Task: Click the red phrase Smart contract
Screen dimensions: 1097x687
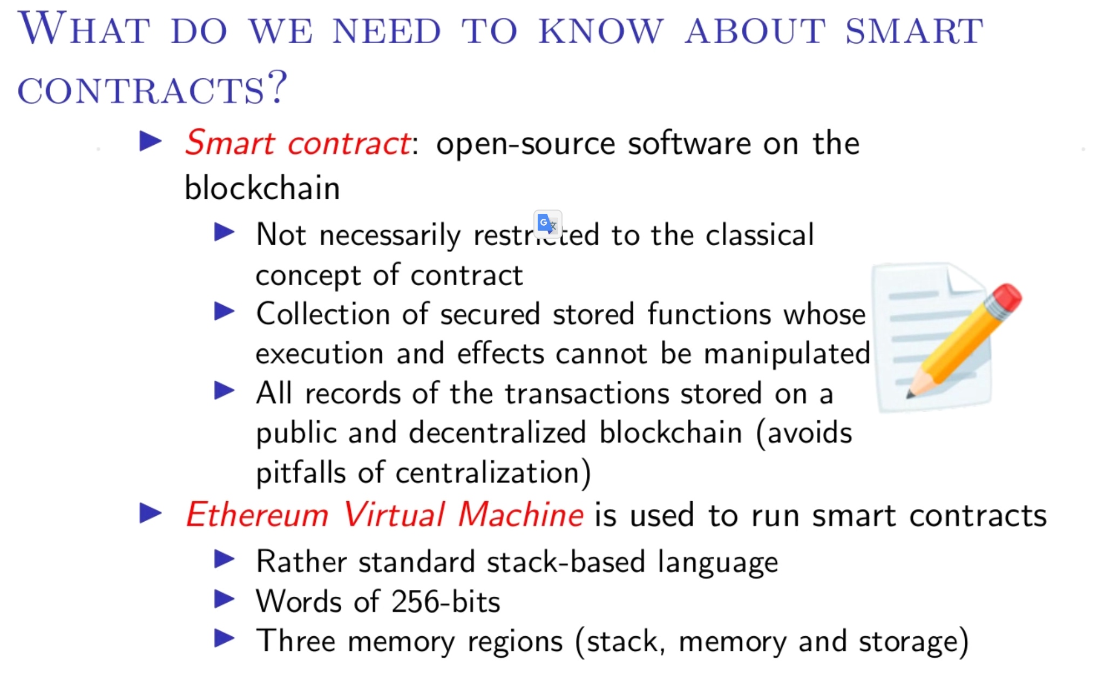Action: (x=299, y=144)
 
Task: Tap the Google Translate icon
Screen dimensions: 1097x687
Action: (x=548, y=224)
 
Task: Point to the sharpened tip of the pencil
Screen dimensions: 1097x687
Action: (x=911, y=394)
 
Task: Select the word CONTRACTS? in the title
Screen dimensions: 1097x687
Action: (x=153, y=89)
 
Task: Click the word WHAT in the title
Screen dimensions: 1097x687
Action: (x=84, y=29)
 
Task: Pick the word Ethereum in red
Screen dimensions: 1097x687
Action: (x=258, y=514)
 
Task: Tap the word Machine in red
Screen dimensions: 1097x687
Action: (x=521, y=514)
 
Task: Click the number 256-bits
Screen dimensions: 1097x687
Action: (x=446, y=602)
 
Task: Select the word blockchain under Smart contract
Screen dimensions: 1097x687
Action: (x=262, y=188)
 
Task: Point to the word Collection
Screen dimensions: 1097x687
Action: (x=323, y=314)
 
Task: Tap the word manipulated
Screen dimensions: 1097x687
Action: (x=787, y=354)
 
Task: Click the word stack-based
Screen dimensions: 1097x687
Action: (x=566, y=562)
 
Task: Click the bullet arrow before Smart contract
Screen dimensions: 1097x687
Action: (x=150, y=142)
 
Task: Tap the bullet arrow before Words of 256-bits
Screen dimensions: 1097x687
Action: (x=224, y=599)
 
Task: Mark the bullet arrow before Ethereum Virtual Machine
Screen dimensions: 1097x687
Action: (x=150, y=513)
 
